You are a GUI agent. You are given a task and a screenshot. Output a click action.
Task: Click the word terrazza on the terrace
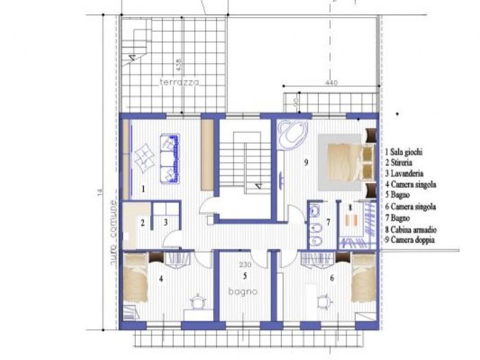tap(179, 82)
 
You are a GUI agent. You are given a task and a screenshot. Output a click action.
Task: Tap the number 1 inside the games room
tap(143, 187)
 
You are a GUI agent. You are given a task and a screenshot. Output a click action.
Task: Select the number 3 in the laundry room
tap(165, 221)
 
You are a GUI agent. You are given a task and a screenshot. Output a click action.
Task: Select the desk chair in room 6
tap(324, 300)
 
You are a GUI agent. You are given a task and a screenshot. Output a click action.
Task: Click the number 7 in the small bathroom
tap(328, 221)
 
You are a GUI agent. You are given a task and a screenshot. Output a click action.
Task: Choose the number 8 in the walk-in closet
tap(350, 206)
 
